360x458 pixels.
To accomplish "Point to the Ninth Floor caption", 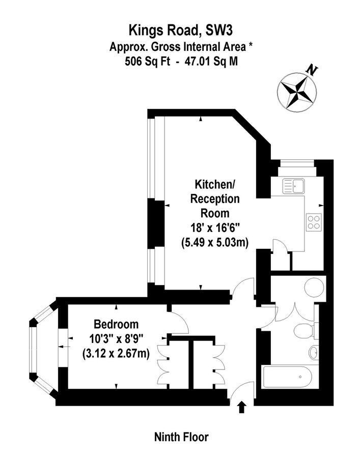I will pyautogui.click(x=181, y=437).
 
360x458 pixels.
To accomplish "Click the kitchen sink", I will pyautogui.click(x=293, y=186).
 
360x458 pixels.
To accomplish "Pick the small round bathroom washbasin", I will pyautogui.click(x=314, y=351).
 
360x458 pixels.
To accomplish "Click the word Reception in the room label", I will pyautogui.click(x=215, y=198).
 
